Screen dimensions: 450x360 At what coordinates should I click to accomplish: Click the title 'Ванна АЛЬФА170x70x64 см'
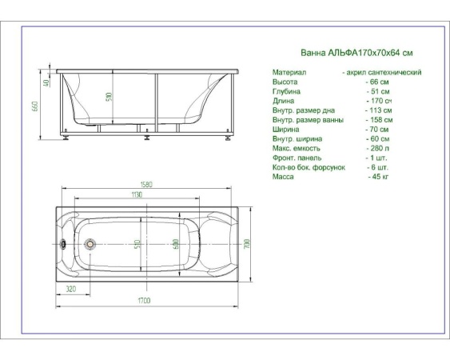356,53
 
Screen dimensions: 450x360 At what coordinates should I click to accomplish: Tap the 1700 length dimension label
144,301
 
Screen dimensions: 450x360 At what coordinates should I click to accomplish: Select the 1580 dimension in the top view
146,184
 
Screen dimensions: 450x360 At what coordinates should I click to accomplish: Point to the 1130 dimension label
137,194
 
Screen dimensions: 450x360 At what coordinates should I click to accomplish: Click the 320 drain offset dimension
71,289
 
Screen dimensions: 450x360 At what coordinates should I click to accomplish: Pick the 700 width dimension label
247,244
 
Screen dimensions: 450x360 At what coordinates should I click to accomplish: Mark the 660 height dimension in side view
36,106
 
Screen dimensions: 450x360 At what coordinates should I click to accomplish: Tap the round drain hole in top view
90,244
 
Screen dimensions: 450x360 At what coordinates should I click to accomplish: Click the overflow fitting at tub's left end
63,244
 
